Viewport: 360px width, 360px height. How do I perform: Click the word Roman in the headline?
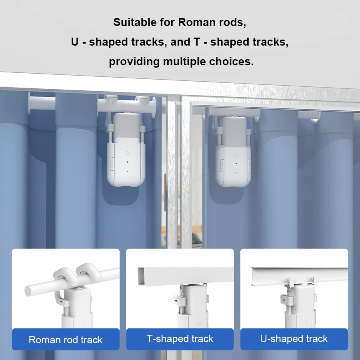pos(197,22)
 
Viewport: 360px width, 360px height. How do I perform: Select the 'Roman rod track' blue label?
pos(66,340)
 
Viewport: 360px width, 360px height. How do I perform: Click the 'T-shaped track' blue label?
pos(180,339)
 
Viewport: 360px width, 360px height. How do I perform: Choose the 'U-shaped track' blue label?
pos(294,339)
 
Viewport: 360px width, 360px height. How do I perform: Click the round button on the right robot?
pos(236,155)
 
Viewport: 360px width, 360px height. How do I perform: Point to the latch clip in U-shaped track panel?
pos(285,298)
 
